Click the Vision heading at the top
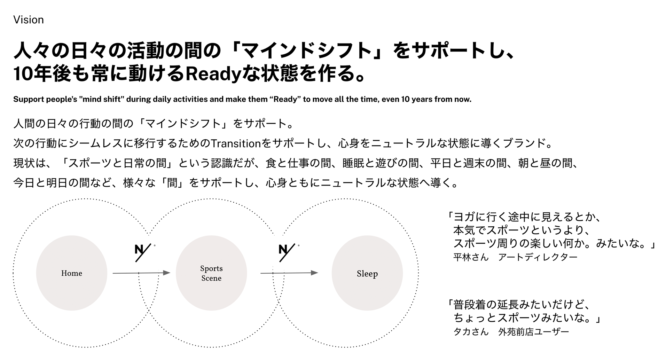pos(29,20)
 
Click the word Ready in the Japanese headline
pos(213,73)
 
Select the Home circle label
pos(72,273)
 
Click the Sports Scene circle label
pos(211,273)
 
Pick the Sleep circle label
pos(367,274)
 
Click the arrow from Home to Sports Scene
pos(141,273)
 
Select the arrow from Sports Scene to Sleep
pos(289,273)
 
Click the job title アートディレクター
pos(538,257)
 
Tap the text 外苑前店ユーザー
pos(533,331)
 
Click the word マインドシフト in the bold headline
pos(306,51)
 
